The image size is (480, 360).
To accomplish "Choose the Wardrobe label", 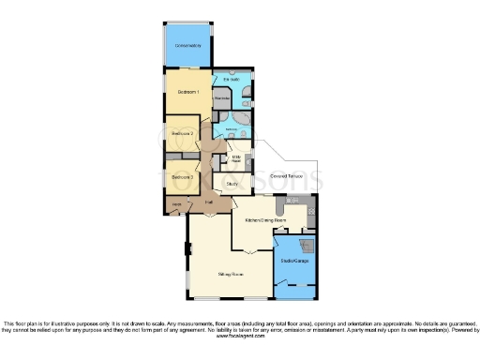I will [222, 98].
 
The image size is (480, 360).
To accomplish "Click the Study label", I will [232, 184].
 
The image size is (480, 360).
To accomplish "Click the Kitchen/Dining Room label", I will [264, 220].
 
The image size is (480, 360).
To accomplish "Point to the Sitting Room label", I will [231, 275].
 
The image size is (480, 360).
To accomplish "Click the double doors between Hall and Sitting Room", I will [213, 214].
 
